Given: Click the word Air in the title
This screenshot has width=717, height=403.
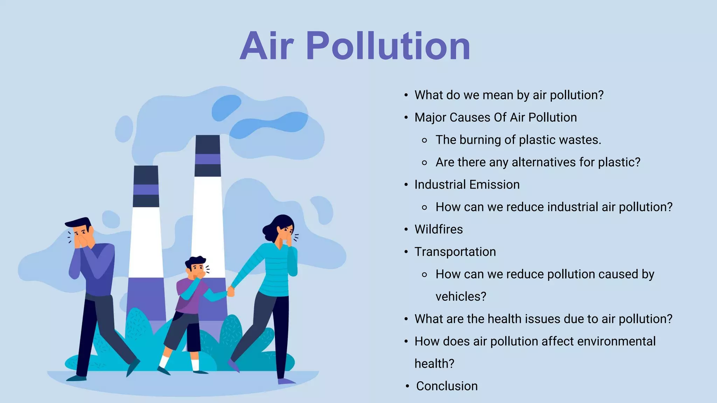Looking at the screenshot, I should [267, 46].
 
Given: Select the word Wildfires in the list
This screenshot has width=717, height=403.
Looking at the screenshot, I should [438, 229].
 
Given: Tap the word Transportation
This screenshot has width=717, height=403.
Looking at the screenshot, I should [455, 252].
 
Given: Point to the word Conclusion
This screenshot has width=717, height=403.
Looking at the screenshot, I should [447, 386].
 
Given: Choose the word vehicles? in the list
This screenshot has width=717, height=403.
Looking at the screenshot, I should [461, 297].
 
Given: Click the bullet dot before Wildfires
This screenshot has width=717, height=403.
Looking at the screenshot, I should [406, 230].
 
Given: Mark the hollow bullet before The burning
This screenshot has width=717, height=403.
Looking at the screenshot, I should [425, 141].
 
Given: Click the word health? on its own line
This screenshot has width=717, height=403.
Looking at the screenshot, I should [434, 364].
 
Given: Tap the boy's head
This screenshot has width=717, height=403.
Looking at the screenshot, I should [196, 266].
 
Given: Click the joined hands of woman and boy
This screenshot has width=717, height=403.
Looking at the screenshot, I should [231, 291].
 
